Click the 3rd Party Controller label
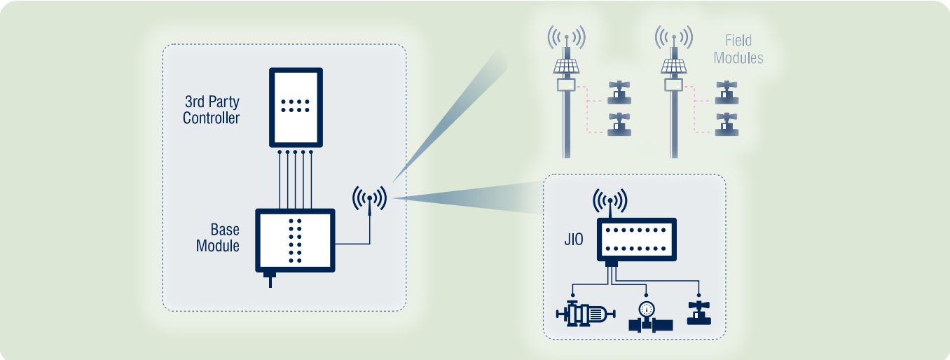(211, 110)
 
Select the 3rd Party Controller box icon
(296, 107)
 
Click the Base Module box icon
(296, 240)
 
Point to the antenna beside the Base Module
(369, 199)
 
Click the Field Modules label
(738, 50)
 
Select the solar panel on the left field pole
(567, 66)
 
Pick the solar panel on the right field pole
(673, 66)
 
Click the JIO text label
(574, 240)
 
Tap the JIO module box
(636, 239)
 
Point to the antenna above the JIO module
(610, 201)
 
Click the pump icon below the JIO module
(585, 315)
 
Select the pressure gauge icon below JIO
(647, 317)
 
